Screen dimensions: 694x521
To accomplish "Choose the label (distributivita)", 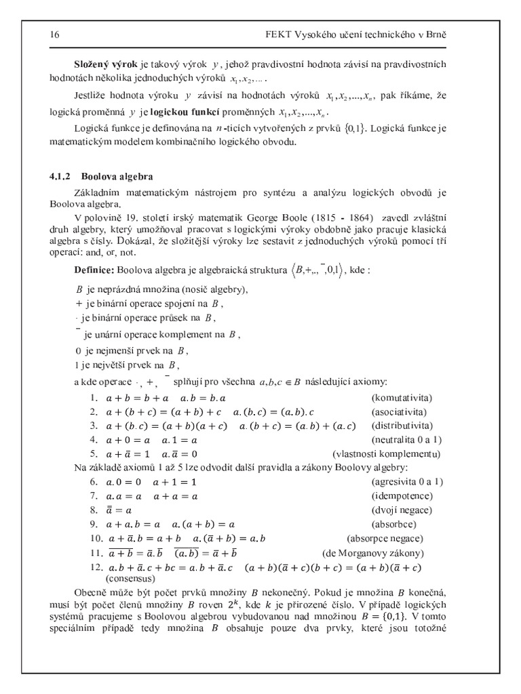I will coord(402,426).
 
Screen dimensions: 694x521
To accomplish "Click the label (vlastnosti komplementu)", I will coord(386,453).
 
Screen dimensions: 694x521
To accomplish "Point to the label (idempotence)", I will coord(402,495).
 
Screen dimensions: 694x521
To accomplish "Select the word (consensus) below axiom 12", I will coord(131,579).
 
